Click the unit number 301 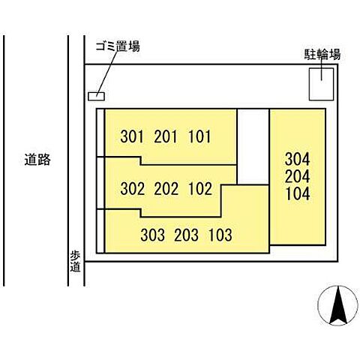(x=132, y=136)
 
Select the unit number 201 (x=166, y=136)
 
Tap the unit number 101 (x=199, y=136)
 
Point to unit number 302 (x=133, y=188)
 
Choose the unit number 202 (x=166, y=188)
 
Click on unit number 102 (x=200, y=188)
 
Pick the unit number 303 (x=152, y=235)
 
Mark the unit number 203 (x=187, y=235)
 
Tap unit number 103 (x=220, y=235)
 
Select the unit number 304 (x=298, y=159)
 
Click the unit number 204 (x=298, y=176)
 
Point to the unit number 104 (x=298, y=193)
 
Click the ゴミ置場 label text (x=118, y=46)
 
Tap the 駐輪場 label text (x=322, y=54)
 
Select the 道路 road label (x=37, y=160)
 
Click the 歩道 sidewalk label (x=75, y=262)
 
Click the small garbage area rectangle (x=96, y=96)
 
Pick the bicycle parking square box (x=321, y=84)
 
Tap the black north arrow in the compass (x=338, y=305)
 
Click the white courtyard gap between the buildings (x=253, y=147)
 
